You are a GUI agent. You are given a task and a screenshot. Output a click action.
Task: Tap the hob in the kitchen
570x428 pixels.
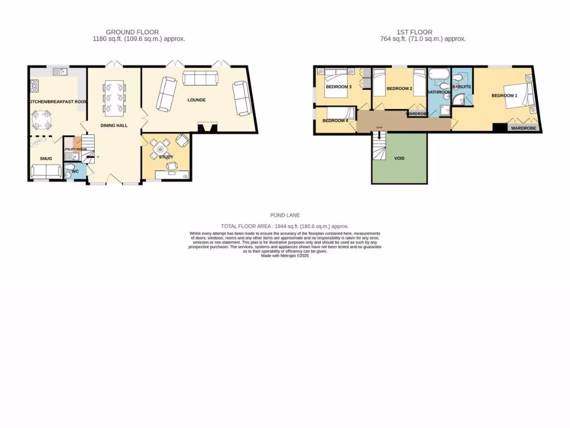(34, 86)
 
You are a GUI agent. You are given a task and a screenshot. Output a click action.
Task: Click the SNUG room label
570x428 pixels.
(46, 159)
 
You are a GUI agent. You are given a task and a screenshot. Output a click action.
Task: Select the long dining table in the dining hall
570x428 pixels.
(114, 98)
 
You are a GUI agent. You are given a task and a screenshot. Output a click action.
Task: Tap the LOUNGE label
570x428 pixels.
(196, 100)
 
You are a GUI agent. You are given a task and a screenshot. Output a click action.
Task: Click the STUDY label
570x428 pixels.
(166, 157)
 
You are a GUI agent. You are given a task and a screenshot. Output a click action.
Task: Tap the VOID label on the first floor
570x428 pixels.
(399, 158)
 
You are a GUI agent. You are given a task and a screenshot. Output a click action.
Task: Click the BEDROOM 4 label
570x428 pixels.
(335, 121)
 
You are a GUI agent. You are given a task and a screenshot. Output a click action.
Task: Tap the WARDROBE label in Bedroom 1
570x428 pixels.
(523, 128)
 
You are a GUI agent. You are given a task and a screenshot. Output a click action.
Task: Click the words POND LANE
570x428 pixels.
(284, 215)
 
